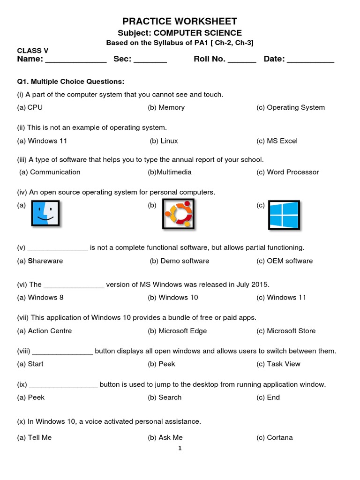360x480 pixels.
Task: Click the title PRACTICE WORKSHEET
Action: click(180, 21)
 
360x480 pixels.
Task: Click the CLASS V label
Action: click(33, 51)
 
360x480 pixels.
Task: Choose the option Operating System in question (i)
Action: click(295, 107)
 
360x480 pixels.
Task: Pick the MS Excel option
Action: click(282, 141)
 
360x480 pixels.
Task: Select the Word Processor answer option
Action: click(292, 172)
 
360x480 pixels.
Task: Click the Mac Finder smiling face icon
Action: click(45, 214)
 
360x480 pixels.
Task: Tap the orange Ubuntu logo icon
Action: click(178, 214)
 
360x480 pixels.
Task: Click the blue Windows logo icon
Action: click(284, 215)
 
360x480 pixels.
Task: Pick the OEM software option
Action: click(289, 261)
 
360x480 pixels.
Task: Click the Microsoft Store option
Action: click(291, 330)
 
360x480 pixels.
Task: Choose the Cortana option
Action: click(279, 437)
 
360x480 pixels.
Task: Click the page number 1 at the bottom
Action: click(180, 448)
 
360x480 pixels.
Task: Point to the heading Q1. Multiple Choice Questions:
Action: click(70, 82)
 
